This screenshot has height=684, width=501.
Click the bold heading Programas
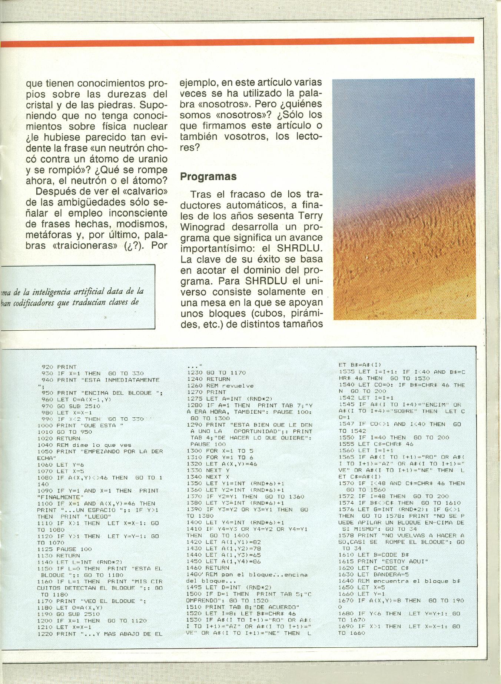(208, 176)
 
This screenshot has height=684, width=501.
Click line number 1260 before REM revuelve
(195, 386)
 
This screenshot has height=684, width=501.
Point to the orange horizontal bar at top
(237, 42)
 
